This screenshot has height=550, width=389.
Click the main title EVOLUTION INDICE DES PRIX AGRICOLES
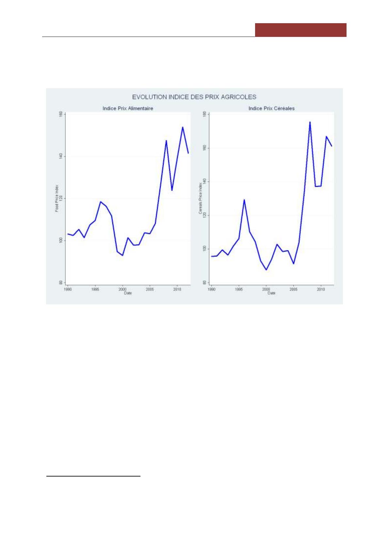[194, 97]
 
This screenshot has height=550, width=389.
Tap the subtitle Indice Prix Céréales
[271, 108]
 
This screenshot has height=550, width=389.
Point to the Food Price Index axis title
[57, 198]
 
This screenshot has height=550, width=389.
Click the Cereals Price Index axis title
[201, 198]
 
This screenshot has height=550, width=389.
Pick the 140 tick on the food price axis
[61, 156]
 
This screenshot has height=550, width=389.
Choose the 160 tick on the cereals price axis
[204, 148]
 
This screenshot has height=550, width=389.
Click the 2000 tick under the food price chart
[122, 289]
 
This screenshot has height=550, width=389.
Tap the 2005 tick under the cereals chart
[294, 289]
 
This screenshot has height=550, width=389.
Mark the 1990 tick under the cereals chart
[212, 289]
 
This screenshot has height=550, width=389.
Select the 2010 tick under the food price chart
[177, 289]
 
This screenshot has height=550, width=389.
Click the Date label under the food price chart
[128, 293]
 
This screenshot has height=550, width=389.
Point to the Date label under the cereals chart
[271, 293]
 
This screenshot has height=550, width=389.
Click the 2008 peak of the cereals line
[310, 122]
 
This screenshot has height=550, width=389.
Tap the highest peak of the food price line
[183, 127]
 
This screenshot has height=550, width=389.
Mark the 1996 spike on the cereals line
[244, 200]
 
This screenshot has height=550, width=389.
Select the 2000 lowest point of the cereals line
[266, 270]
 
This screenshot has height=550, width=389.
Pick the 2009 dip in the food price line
[172, 190]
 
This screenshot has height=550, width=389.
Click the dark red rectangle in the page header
[300, 30]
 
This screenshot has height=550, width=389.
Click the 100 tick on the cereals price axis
[204, 249]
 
